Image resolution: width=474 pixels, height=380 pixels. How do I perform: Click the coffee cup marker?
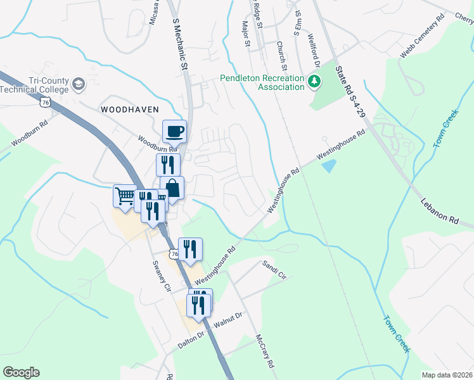click(x=175, y=131)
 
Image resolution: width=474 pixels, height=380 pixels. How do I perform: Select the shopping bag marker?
click(x=172, y=187)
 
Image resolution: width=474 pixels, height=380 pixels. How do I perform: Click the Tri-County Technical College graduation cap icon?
click(x=78, y=84)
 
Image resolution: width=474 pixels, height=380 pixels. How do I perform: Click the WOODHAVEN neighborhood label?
click(x=129, y=109)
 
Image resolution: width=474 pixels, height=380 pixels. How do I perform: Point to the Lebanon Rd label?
click(x=438, y=212)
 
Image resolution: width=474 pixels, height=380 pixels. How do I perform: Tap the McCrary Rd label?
click(x=265, y=351)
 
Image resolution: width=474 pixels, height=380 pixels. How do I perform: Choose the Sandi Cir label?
click(x=274, y=270)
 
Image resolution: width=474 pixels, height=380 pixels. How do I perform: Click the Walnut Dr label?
click(x=228, y=320)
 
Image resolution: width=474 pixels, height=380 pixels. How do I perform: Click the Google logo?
click(x=20, y=372)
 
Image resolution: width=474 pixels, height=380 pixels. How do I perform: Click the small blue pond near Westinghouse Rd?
click(x=328, y=167)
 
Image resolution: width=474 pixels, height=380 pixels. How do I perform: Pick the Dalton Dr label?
click(x=193, y=339)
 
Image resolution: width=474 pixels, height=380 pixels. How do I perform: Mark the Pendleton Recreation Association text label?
click(x=262, y=82)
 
